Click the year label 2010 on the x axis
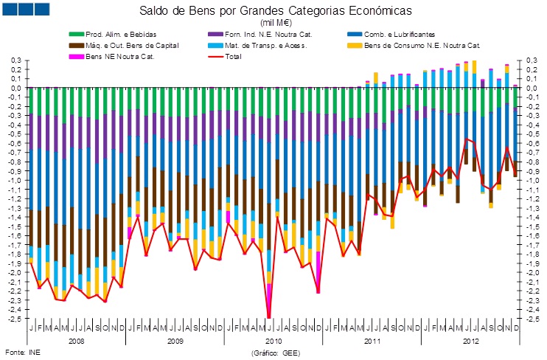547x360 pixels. tap(273, 342)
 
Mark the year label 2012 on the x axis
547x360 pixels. tap(470, 342)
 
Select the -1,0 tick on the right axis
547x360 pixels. tap(532, 180)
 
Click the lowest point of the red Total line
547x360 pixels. tap(269, 317)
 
